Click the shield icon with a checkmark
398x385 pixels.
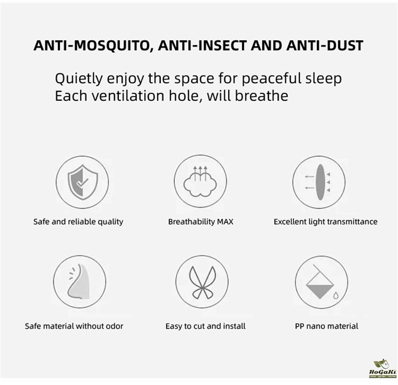click(83, 182)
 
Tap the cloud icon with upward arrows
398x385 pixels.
click(200, 181)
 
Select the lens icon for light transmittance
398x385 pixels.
click(320, 182)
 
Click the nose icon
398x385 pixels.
click(79, 282)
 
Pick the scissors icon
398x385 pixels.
click(203, 282)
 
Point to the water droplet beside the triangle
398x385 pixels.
click(336, 295)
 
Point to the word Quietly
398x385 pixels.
click(79, 79)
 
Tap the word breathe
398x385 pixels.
click(261, 96)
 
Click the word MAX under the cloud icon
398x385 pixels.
click(225, 222)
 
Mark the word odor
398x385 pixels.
click(114, 326)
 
